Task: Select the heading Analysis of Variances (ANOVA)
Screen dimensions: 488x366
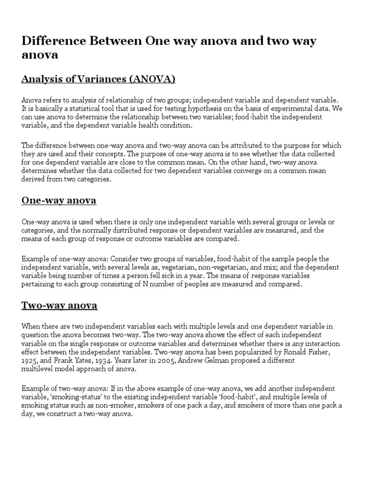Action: (99, 79)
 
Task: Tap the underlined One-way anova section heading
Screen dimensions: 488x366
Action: (59, 201)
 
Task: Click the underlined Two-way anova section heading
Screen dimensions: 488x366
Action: (59, 305)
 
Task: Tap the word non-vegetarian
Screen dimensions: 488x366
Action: (193, 267)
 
